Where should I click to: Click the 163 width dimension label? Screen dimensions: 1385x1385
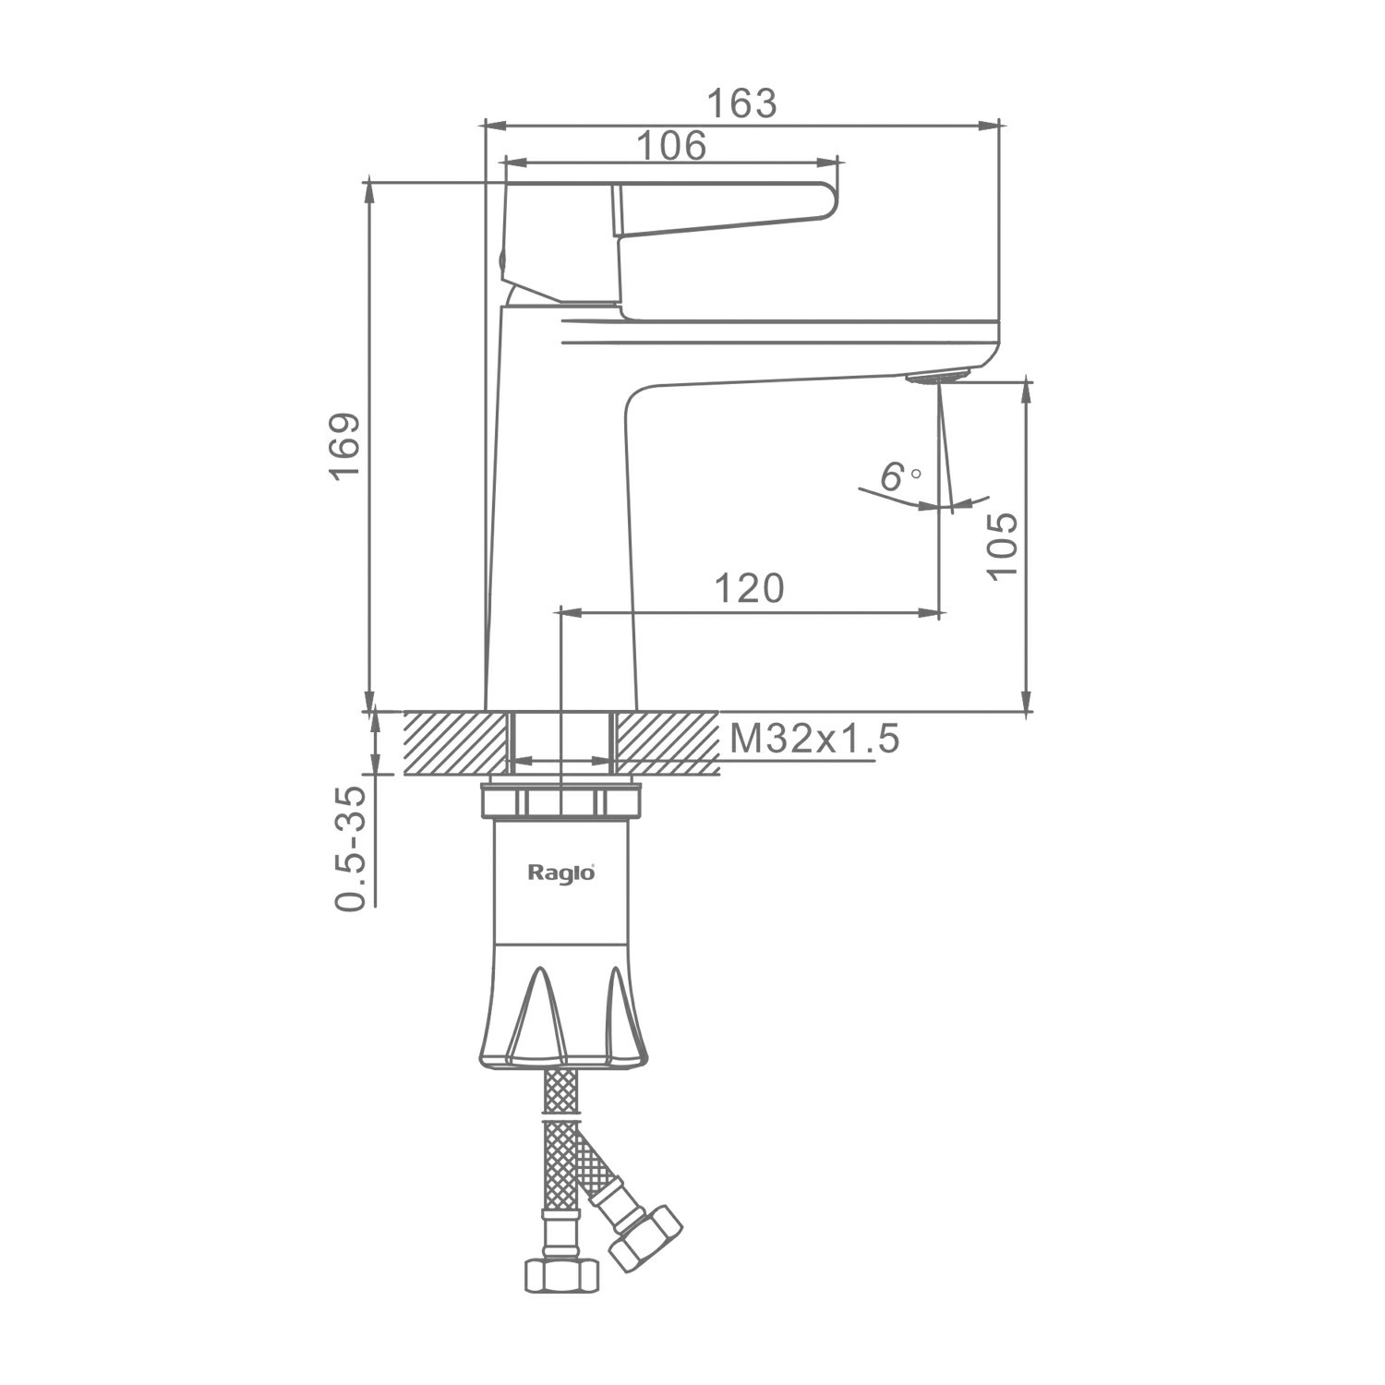click(x=741, y=104)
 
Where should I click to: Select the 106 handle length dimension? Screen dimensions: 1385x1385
click(x=671, y=146)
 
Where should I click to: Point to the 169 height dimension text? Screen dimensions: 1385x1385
click(x=344, y=446)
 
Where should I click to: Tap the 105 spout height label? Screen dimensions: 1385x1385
click(x=1001, y=545)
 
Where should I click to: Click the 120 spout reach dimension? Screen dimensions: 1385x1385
click(x=749, y=588)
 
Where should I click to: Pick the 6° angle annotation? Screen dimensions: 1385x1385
click(x=900, y=477)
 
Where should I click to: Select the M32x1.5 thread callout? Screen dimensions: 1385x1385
click(x=813, y=739)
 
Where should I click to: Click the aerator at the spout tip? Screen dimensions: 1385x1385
click(x=936, y=376)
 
